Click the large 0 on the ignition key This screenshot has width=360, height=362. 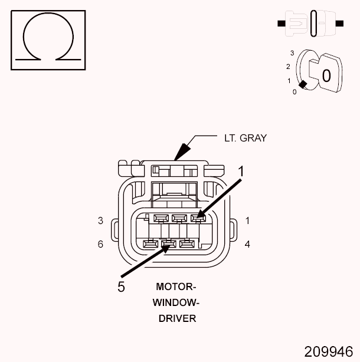coord(326,75)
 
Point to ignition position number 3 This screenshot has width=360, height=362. coord(292,53)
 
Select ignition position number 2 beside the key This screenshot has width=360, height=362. coord(287,67)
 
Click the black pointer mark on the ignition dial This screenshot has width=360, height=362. coord(303,85)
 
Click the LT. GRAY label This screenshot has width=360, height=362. coord(245,138)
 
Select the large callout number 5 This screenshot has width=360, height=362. coord(121,287)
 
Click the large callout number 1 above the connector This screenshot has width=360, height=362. coord(241,170)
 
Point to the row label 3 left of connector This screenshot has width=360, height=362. coord(101,221)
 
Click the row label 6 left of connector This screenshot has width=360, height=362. coord(101,243)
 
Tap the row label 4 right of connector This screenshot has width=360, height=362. coord(247,243)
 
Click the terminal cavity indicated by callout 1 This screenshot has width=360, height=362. coord(196,219)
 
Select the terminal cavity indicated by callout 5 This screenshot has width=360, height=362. coord(168,243)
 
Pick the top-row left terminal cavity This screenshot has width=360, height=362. coord(158,219)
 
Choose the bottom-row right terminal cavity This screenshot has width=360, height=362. coord(186,243)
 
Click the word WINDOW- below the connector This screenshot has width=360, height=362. coord(176,302)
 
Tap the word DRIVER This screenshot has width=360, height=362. coord(176,318)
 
